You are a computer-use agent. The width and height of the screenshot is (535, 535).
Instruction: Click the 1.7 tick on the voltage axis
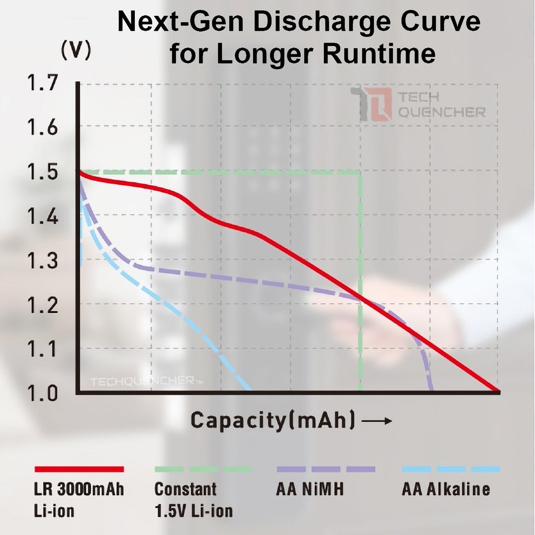click(x=43, y=83)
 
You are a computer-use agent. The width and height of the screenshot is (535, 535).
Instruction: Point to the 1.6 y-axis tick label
click(x=43, y=128)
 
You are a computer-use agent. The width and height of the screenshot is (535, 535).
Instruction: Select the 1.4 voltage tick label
click(x=43, y=217)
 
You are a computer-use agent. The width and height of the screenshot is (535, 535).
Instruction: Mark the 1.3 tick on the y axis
click(x=43, y=261)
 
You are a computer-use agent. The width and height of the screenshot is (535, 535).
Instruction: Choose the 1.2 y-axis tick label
click(x=43, y=305)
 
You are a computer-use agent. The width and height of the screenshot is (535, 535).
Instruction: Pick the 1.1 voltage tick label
click(x=43, y=349)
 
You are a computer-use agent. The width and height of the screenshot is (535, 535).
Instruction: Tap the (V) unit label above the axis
click(x=75, y=51)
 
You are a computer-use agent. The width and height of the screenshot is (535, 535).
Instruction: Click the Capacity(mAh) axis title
click(x=273, y=421)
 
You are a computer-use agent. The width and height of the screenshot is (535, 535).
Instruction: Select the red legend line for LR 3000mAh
click(x=79, y=469)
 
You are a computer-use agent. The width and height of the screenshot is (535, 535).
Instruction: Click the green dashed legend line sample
click(x=203, y=469)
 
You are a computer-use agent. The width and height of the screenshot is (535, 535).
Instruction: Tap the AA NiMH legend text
click(x=310, y=489)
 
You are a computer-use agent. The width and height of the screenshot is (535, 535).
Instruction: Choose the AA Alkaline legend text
click(x=445, y=489)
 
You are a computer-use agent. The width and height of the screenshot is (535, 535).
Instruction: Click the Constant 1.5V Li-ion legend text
click(x=193, y=500)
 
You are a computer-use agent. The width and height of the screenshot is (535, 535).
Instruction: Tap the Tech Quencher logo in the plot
click(x=417, y=105)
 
